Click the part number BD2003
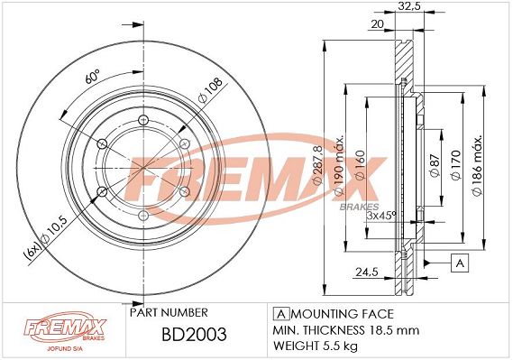(194, 334)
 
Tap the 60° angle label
(92, 77)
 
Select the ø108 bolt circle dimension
(210, 89)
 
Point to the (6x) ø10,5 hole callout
(45, 238)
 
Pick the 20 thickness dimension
(377, 23)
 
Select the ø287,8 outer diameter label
(318, 164)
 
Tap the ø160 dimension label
(360, 165)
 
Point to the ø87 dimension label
(435, 165)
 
